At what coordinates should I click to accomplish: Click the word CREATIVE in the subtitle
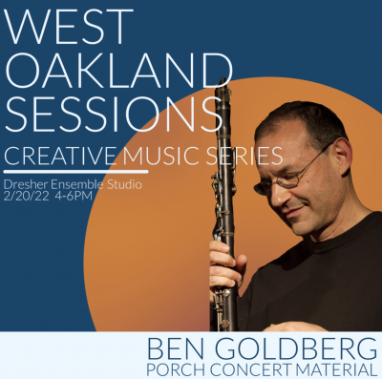(63, 156)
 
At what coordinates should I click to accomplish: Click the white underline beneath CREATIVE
(76, 172)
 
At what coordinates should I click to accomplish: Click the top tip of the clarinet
(223, 81)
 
